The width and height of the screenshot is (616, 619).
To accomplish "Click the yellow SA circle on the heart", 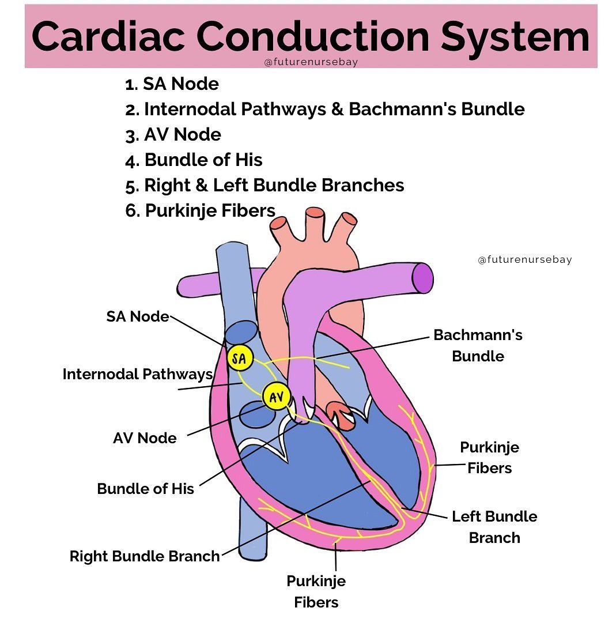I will [240, 359].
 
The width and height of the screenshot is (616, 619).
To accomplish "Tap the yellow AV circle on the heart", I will [275, 397].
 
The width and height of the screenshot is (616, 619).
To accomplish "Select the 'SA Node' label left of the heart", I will [138, 316].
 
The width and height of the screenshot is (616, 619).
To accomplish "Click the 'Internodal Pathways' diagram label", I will [138, 374].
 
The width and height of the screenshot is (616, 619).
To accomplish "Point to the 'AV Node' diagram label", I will [145, 438].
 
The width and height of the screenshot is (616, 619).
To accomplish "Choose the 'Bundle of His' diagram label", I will [145, 489].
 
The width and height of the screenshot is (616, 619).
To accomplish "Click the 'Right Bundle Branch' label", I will [145, 556].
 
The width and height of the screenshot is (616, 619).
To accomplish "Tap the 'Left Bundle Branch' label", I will [494, 527].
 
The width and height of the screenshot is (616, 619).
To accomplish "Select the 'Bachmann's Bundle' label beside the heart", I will [478, 345].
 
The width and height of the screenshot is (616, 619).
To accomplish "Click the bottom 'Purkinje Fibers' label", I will [316, 591].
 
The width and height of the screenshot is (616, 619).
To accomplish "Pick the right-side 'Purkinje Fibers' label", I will [489, 458].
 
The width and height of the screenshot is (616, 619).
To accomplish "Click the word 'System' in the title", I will [515, 36].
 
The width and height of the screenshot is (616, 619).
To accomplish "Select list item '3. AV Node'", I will [173, 135].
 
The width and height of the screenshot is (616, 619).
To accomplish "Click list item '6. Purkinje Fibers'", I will [200, 210].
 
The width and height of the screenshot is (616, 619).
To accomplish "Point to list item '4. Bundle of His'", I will [194, 160].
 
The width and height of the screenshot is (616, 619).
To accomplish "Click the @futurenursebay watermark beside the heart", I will [524, 259].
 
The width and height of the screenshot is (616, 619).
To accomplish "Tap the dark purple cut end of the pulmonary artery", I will [423, 278].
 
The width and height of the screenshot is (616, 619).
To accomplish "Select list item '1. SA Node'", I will [172, 84].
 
